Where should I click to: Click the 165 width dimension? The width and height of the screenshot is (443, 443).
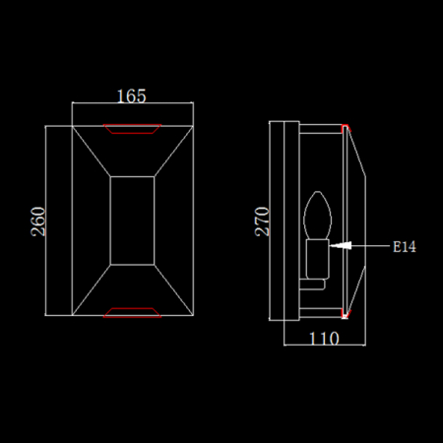132,96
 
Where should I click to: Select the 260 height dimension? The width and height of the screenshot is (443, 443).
38,221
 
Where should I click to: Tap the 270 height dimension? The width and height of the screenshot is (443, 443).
262,221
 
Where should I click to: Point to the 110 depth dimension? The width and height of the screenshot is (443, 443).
324,339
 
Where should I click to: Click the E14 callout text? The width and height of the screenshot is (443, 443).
405,247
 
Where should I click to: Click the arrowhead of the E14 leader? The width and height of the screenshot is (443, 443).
341,245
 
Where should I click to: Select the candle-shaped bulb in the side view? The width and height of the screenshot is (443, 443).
317,215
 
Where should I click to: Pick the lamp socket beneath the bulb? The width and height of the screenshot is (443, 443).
317,259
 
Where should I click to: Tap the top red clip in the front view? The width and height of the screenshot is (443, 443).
132,129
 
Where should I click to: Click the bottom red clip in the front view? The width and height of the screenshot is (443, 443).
132,313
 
